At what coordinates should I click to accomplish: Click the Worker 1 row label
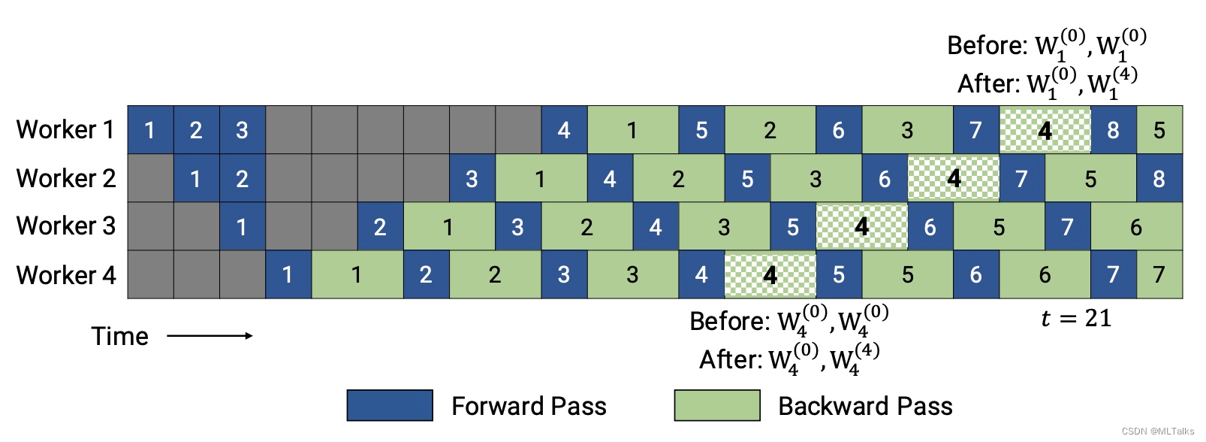click(65, 129)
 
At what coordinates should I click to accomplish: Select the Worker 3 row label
click(65, 226)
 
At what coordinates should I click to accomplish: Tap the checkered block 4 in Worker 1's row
click(1045, 130)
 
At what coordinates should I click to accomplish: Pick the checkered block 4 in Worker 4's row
click(770, 274)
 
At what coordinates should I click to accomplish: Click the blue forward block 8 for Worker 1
click(1113, 130)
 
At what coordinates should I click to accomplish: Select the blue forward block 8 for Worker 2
click(1159, 178)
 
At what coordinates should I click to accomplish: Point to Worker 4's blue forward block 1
click(288, 274)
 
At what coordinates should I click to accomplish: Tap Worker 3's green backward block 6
click(1135, 226)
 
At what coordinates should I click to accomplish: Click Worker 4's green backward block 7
click(1159, 274)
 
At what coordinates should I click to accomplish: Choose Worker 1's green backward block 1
click(632, 130)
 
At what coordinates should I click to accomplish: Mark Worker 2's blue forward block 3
click(472, 178)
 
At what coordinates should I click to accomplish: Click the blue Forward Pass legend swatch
click(390, 405)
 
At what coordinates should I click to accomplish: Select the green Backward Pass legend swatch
click(717, 405)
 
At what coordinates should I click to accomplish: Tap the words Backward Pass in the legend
click(865, 406)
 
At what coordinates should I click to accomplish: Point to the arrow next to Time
click(210, 335)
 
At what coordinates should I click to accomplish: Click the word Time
click(119, 336)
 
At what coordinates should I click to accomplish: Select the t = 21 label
click(1075, 319)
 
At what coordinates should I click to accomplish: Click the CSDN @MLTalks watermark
click(1157, 431)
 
